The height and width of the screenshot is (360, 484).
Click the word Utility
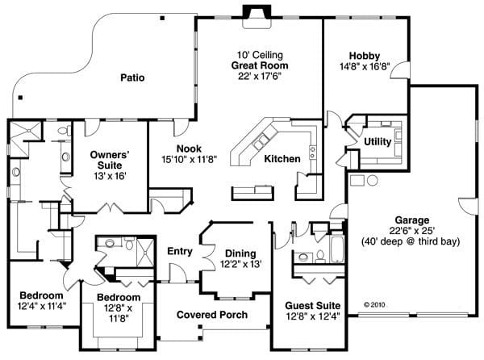coord(378,141)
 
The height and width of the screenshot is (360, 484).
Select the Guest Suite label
coord(312,306)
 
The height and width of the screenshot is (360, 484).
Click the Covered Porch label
coord(212,314)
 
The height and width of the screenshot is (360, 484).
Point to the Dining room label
coord(240,253)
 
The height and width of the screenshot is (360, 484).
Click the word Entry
coord(179,251)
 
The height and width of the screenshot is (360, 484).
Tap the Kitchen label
coord(282,159)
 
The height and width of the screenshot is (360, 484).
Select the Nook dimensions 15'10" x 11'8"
coord(188,158)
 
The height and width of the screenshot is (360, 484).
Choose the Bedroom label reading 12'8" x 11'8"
coord(119,308)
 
